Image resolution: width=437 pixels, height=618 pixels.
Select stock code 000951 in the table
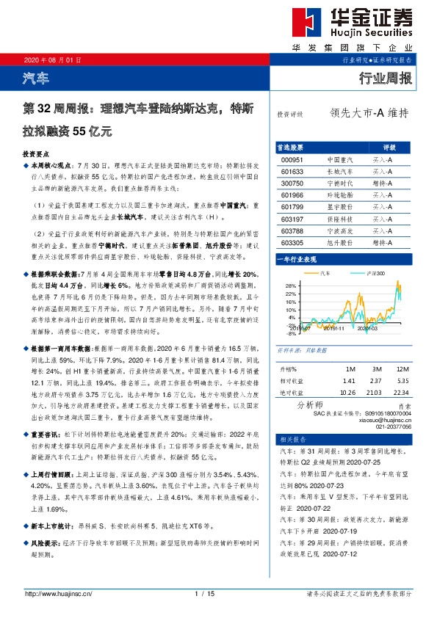(292, 159)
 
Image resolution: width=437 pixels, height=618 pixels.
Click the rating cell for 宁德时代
(382, 182)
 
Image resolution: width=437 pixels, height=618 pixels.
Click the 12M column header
(402, 368)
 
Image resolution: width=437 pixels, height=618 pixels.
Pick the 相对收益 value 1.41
(349, 382)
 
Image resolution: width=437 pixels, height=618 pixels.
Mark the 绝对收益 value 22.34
(402, 394)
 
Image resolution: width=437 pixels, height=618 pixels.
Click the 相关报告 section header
(291, 439)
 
